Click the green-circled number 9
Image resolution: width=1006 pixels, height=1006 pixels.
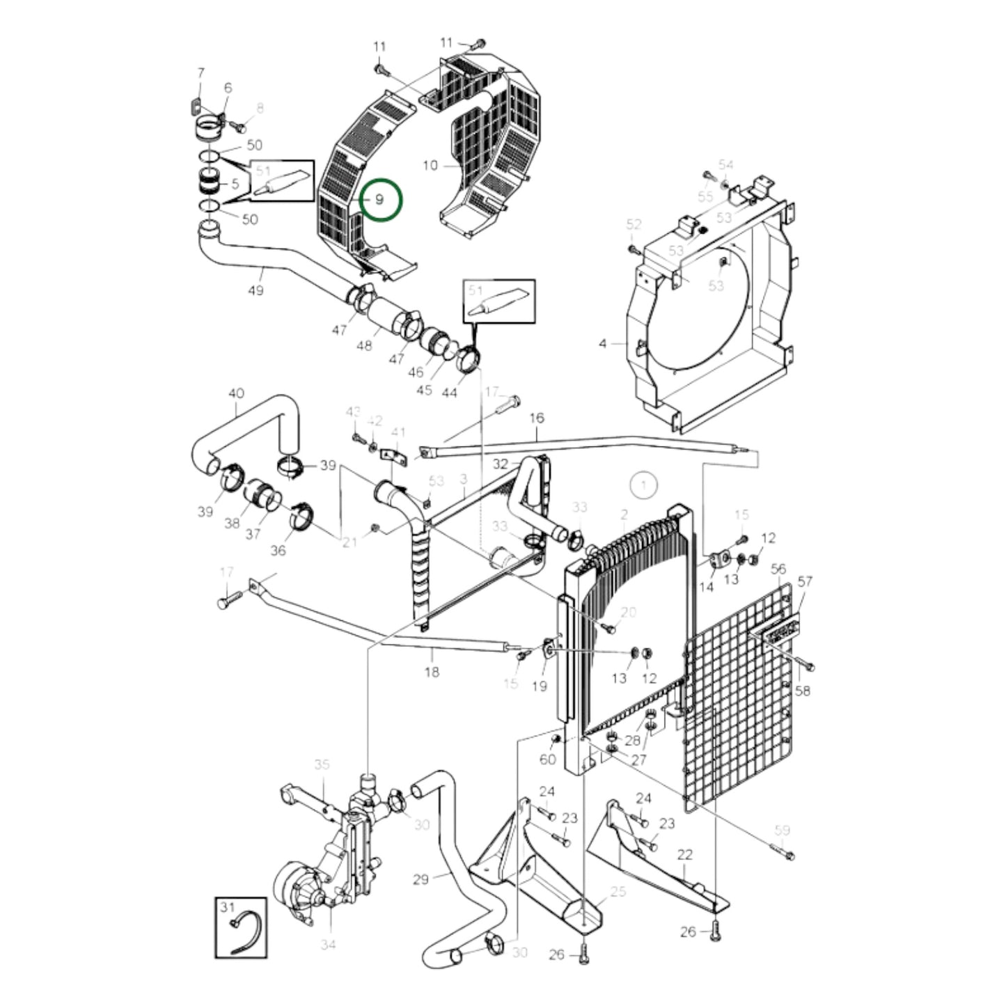coord(379,199)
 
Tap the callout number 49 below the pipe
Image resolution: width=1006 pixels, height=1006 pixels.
coord(256,290)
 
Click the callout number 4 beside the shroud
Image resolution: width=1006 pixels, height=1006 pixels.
coord(603,343)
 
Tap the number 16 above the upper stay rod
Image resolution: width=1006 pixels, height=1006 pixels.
coord(537,418)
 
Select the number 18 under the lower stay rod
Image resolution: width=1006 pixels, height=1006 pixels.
coord(432,672)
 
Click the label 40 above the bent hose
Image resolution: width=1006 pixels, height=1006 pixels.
coord(236,393)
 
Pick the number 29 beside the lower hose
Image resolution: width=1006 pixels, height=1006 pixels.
coord(421,879)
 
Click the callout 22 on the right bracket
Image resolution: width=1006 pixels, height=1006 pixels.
coord(684,855)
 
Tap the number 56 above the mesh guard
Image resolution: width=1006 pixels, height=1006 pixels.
coord(778,569)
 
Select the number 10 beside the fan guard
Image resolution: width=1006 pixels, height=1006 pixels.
coord(430,165)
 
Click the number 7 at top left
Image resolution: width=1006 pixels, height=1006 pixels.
coord(201,72)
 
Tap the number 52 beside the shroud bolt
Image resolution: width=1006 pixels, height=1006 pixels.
coord(633,224)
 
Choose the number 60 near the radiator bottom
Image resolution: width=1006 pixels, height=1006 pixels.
coord(548,758)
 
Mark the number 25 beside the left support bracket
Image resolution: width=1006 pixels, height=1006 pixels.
coord(618,892)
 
